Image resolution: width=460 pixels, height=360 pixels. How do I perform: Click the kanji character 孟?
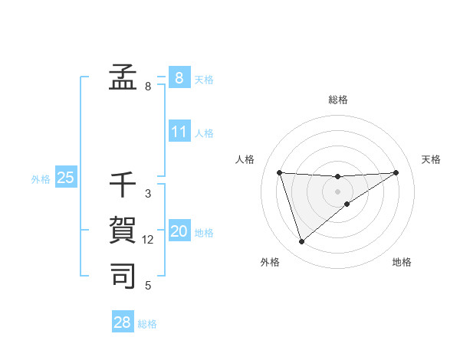[123, 77]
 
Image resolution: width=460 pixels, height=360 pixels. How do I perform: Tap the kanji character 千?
[123, 186]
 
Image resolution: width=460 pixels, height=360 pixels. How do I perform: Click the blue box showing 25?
[65, 178]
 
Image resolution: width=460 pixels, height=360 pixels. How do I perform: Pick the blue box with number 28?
[123, 322]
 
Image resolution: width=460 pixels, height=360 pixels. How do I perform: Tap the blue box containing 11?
[179, 132]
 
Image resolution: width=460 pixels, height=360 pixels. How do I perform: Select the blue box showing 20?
[179, 231]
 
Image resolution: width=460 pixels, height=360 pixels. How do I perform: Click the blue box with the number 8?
[179, 77]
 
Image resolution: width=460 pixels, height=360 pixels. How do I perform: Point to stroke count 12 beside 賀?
[148, 240]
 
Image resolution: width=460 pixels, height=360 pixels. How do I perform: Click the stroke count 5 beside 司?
[148, 285]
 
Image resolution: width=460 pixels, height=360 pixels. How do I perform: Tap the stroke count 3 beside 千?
[148, 195]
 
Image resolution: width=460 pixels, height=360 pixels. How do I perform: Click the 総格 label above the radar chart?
[338, 100]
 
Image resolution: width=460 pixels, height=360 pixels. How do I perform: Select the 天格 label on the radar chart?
[431, 159]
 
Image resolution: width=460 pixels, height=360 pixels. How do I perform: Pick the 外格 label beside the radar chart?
[269, 262]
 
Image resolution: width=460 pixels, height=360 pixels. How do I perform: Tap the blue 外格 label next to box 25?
[41, 179]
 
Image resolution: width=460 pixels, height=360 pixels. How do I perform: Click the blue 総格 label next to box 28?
[147, 324]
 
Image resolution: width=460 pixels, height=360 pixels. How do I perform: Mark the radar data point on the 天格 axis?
[396, 172]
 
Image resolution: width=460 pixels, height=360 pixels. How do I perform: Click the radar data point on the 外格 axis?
[301, 242]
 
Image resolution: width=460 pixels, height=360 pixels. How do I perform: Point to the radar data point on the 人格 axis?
[279, 172]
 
